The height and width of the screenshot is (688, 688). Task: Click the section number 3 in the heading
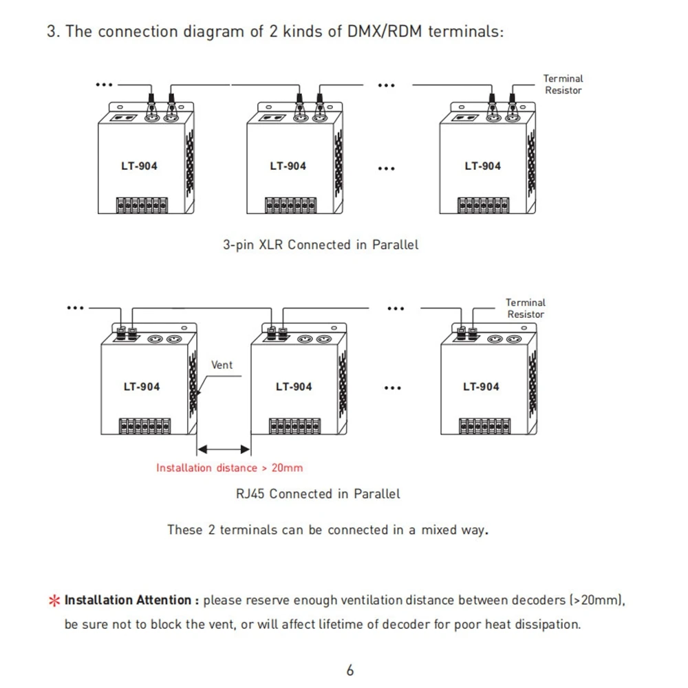(51, 32)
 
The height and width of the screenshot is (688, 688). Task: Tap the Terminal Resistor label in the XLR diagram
(563, 85)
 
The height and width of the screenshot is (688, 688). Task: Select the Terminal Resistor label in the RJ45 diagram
(525, 308)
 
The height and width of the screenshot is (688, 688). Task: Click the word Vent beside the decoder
(222, 365)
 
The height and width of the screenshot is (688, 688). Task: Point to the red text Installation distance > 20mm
(229, 468)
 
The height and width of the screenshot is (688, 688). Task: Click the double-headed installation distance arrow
(224, 449)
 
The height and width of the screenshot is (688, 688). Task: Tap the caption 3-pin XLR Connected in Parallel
(320, 244)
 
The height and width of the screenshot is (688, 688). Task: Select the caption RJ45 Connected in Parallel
(317, 493)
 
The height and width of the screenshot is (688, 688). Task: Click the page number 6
(350, 670)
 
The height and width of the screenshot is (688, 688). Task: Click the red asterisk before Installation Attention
(54, 601)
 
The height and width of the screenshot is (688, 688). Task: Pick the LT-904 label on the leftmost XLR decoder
(139, 166)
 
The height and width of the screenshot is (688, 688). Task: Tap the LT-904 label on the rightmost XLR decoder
(482, 166)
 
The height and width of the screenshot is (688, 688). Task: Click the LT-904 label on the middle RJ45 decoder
(294, 387)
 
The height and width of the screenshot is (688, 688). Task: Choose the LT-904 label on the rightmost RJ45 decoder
(481, 387)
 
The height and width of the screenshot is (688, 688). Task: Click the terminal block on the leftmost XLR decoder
(142, 204)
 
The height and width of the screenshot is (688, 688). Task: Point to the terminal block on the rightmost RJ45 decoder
(483, 424)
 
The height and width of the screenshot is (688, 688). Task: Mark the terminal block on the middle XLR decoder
(291, 204)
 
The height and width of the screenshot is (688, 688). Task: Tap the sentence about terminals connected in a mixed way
(327, 530)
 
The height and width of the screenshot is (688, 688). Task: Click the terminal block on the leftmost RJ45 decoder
(144, 424)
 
